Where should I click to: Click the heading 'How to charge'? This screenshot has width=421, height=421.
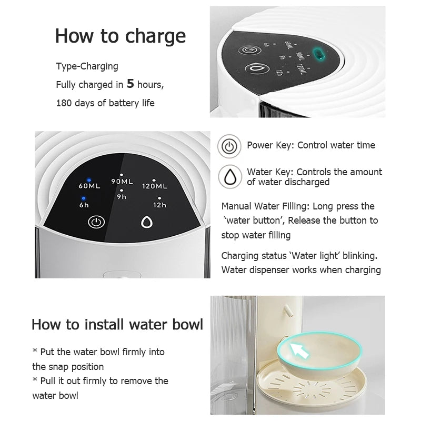pos(121,36)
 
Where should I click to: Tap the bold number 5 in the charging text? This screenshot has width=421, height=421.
pos(131,84)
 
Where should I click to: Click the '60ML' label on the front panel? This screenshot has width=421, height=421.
pos(89,186)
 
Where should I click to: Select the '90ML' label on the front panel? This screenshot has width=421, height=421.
pos(122,182)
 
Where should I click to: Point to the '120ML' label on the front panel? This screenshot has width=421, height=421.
pos(155,186)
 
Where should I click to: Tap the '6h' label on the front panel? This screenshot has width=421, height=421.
pos(84,205)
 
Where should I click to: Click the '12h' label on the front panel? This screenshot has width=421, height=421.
pos(160,205)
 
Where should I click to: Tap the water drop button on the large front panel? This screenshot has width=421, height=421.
pos(146,222)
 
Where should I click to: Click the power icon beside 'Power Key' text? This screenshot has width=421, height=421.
pos(229,146)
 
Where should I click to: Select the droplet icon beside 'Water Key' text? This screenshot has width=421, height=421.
pos(229,177)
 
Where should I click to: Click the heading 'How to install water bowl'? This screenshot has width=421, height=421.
pos(117,324)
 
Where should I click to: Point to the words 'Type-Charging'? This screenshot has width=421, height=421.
pos(87,66)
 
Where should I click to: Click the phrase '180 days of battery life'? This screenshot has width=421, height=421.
pos(105,103)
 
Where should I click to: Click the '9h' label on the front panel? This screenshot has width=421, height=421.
pos(122,197)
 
